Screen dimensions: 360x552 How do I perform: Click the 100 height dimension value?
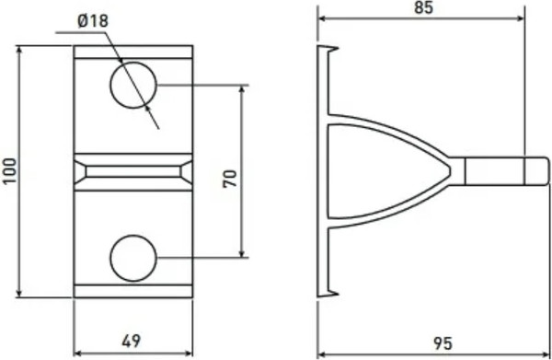(10, 171)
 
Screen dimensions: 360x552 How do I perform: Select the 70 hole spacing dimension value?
(230, 178)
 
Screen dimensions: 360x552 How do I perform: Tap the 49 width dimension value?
(132, 342)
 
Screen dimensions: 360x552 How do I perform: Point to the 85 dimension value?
(423, 8)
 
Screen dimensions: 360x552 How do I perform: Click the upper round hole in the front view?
(132, 85)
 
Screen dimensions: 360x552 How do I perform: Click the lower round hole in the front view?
(132, 257)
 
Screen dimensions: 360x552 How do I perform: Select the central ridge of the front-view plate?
(133, 171)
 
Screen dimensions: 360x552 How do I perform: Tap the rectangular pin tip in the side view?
(498, 172)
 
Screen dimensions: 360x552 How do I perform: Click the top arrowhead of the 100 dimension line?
(18, 49)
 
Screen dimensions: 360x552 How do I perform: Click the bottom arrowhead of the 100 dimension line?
(18, 294)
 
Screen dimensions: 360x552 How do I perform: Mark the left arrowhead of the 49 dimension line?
(77, 352)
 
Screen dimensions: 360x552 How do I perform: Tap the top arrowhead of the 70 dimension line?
(243, 89)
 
